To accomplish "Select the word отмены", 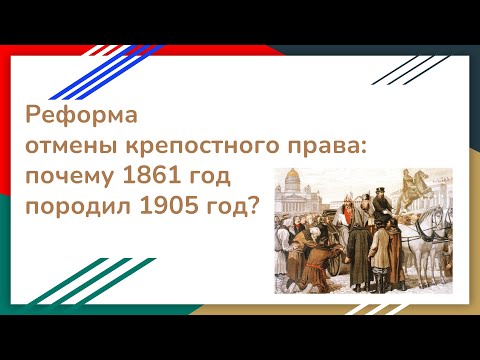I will pyautogui.click(x=71, y=144).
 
